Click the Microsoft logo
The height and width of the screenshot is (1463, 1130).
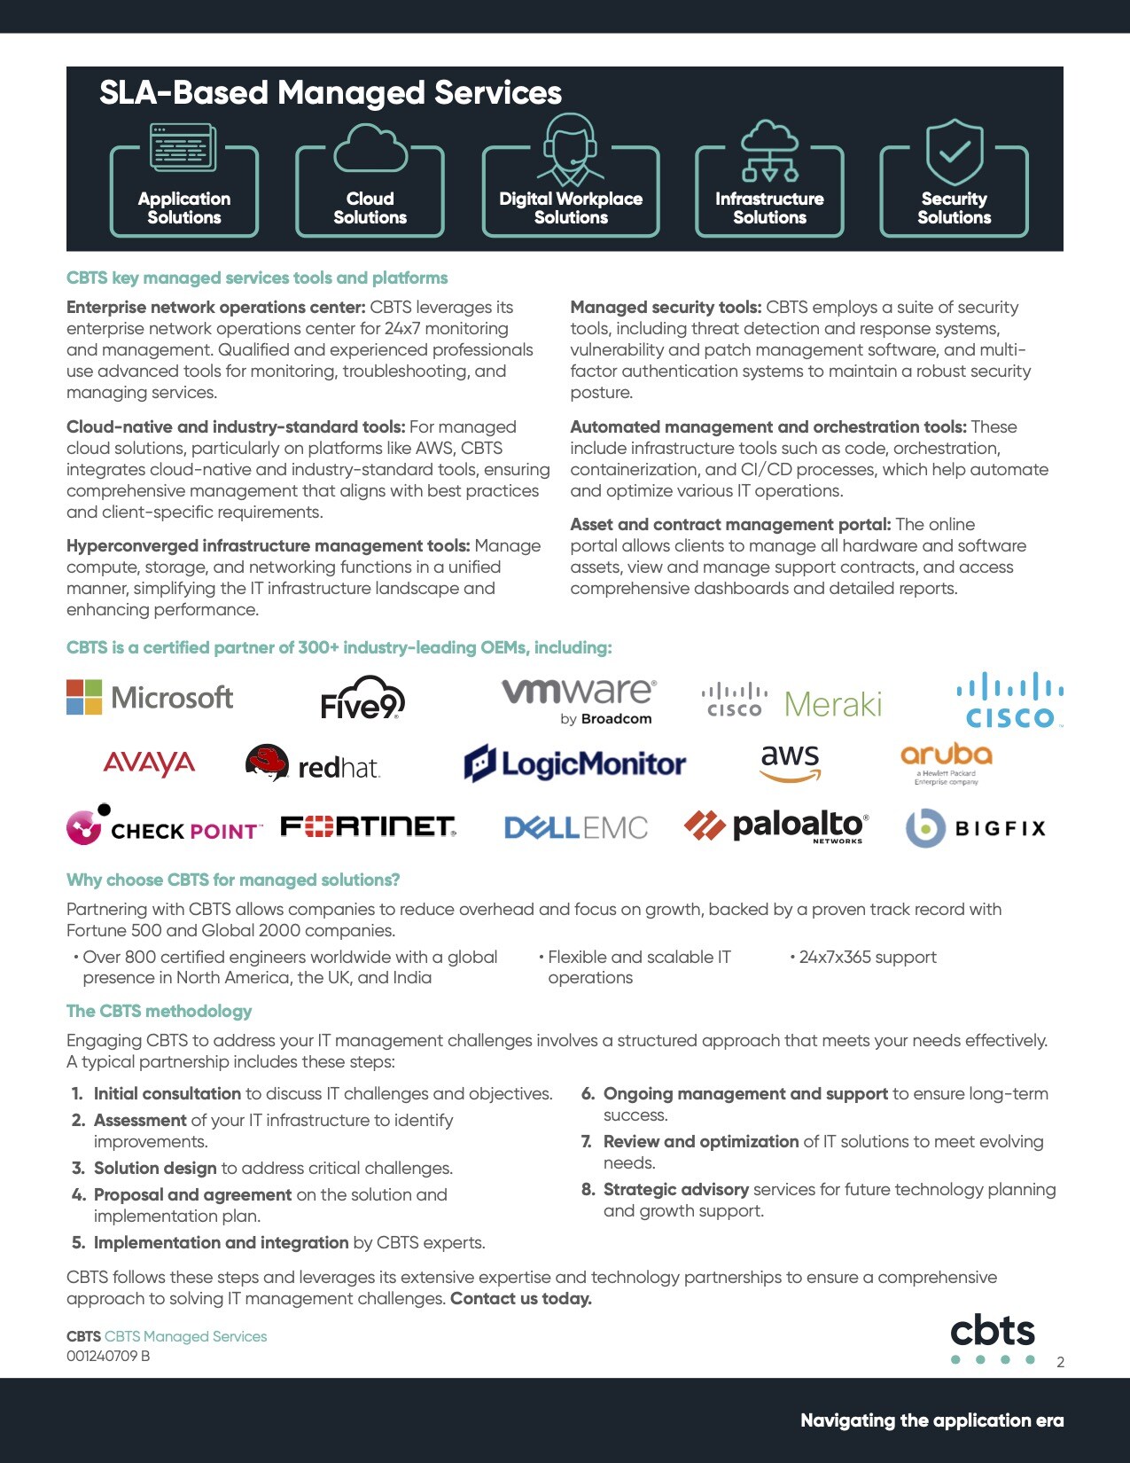pos(150,698)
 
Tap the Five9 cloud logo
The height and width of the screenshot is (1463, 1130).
pos(362,698)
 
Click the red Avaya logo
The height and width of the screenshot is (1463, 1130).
pos(149,763)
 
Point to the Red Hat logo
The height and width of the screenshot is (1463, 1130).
pos(313,764)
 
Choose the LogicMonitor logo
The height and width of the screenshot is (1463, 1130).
pos(575,763)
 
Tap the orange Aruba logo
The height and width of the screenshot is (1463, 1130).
pos(946,762)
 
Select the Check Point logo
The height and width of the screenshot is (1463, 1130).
pos(165,826)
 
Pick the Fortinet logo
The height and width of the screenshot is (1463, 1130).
pos(368,826)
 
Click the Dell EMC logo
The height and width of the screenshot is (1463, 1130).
pos(576,828)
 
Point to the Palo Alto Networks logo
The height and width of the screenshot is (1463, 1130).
pos(776,826)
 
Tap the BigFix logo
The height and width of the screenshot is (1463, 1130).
pos(976,828)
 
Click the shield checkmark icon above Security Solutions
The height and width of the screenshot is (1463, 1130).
pos(955,152)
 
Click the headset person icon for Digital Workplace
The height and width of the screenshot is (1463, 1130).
pos(571,148)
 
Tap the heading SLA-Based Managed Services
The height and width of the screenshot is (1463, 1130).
pos(331,93)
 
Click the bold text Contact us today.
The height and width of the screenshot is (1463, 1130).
pos(521,1299)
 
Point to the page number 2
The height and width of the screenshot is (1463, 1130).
pos(1061,1363)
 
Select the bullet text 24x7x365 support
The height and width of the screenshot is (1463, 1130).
pos(868,958)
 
